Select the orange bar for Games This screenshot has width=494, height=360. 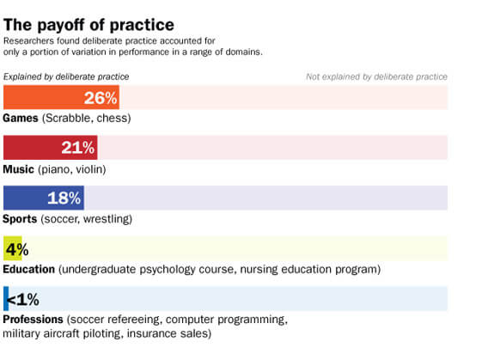click(43, 98)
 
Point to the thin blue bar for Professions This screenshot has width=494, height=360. click(6, 298)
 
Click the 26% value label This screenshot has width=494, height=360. click(100, 98)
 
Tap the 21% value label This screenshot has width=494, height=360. click(78, 148)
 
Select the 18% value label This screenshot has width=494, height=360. click(64, 198)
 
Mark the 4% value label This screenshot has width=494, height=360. click(17, 249)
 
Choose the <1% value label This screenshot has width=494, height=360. click(23, 299)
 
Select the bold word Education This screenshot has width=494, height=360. click(30, 269)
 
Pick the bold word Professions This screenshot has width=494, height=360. click(34, 320)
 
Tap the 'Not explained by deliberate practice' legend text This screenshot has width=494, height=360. click(376, 76)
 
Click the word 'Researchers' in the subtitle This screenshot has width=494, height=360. click(30, 40)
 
